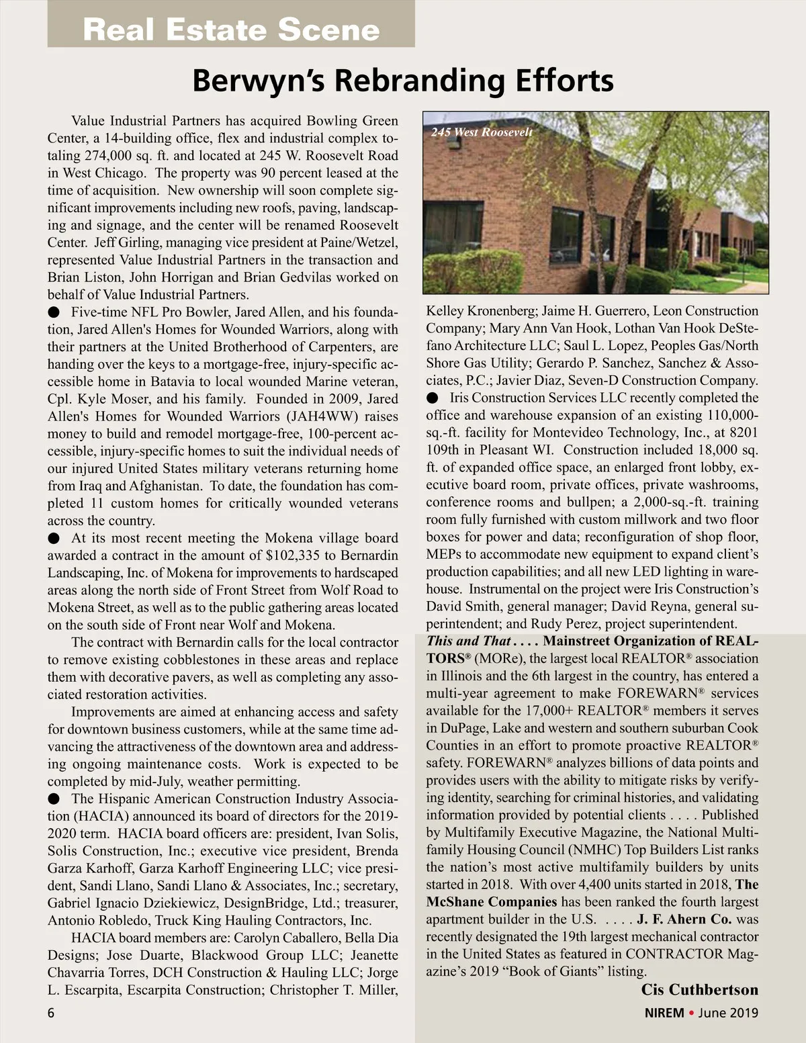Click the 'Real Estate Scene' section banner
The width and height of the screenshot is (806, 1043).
(x=231, y=30)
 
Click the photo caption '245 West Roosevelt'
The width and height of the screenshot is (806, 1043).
(x=482, y=132)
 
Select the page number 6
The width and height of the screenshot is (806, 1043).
(x=51, y=1012)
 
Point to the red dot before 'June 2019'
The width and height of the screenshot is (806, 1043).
(x=691, y=1013)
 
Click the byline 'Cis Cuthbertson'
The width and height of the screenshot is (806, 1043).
(x=699, y=989)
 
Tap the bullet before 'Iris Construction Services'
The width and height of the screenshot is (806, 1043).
(x=433, y=398)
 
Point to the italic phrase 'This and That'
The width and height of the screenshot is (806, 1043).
(x=468, y=641)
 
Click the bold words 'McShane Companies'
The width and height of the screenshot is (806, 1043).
(x=492, y=902)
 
